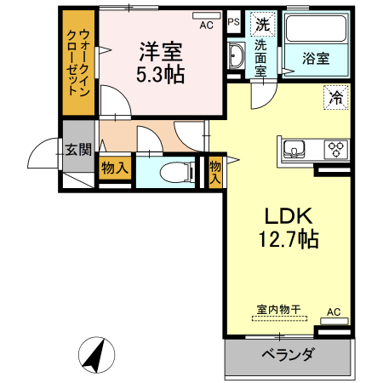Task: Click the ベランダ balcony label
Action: coord(289,356)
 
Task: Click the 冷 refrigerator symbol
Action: coord(336,98)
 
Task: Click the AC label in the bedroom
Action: coord(206,25)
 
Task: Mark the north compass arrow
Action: coord(97,353)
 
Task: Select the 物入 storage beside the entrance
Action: coord(114,168)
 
